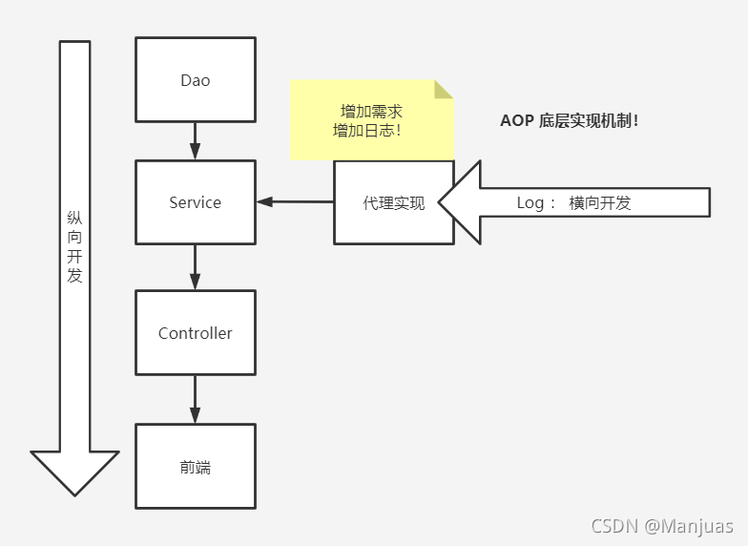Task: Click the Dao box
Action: point(196,80)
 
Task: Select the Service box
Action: point(196,202)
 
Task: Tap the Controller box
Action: point(196,333)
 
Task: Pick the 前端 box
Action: point(196,467)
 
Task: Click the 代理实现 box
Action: point(393,202)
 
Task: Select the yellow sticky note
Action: point(371,120)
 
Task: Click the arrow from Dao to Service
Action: point(196,141)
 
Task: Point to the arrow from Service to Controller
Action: point(196,266)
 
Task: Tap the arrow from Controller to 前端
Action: point(196,399)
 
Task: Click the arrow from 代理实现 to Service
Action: point(295,202)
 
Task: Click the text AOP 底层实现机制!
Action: point(569,121)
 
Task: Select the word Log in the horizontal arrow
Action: point(530,202)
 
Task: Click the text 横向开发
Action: point(600,202)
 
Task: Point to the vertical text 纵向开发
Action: point(75,247)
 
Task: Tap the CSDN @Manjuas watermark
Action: point(662,526)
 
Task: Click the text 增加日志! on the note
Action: point(366,130)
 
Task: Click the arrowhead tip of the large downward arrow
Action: point(75,492)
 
